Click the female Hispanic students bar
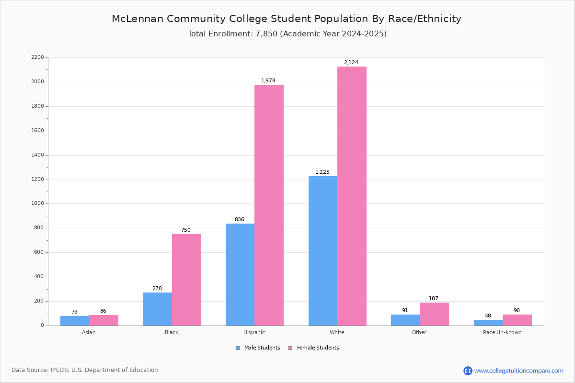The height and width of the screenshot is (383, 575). pos(269,205)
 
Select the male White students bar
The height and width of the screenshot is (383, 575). pos(323,251)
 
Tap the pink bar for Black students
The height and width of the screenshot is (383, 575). pos(186,280)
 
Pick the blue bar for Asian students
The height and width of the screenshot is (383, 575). pos(75,321)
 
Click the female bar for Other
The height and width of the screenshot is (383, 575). pos(434,314)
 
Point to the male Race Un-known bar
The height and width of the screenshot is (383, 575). pos(488,323)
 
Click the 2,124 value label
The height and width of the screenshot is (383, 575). pos(351,62)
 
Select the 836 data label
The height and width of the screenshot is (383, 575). pos(240,219)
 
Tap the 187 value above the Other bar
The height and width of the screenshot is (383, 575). pos(434,298)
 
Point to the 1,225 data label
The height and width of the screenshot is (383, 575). pos(322,172)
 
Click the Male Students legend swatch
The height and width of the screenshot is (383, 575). pos(238,348)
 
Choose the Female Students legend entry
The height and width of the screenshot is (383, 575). pos(314,348)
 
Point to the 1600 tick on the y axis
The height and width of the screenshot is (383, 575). pos(37,131)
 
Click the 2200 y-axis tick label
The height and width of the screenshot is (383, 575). pos(37,57)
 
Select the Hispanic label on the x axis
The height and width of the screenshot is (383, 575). pos(254,332)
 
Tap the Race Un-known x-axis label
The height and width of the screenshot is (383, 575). pos(502,332)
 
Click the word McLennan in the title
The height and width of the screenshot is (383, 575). pos(138,19)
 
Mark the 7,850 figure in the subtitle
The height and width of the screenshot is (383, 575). pos(266,34)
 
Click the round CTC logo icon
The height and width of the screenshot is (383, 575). pos(468,371)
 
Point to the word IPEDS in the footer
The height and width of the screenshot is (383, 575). pos(59,370)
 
